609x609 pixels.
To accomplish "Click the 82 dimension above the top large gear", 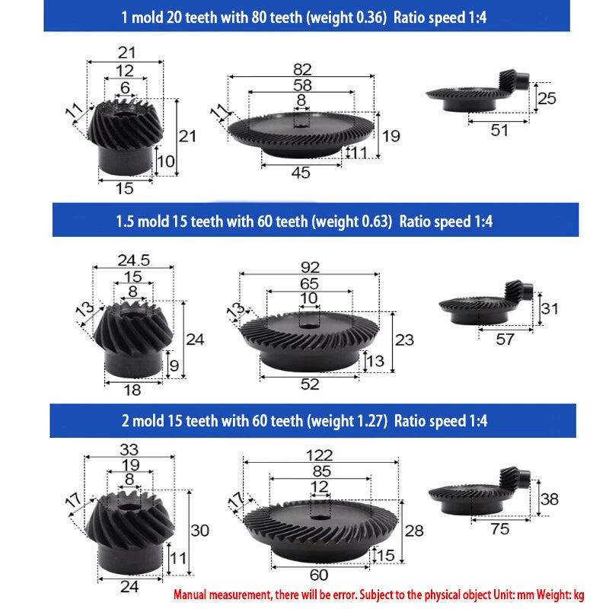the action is [x=302, y=69].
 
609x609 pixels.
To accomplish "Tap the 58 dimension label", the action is [x=302, y=85].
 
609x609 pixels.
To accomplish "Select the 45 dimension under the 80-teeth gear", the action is [x=301, y=173].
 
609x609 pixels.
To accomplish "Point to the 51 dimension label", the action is [x=499, y=130].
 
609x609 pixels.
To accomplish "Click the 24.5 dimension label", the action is [x=134, y=260].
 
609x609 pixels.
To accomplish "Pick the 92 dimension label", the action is [x=310, y=268].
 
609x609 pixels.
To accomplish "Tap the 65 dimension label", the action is [x=309, y=283].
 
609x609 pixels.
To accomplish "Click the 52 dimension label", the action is [x=310, y=384].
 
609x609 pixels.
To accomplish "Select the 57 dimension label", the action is [x=505, y=340].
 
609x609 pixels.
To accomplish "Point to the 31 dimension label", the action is [x=550, y=309].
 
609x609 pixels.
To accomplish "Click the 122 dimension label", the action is [x=319, y=455].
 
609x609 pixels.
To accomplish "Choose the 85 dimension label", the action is [x=321, y=471].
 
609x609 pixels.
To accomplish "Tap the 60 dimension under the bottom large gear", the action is [x=319, y=575].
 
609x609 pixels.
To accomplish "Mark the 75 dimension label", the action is [x=499, y=529].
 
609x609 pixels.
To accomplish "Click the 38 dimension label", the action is [x=549, y=499].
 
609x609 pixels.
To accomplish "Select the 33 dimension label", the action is [x=129, y=449].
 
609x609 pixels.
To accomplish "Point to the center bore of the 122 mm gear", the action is [x=320, y=517].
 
